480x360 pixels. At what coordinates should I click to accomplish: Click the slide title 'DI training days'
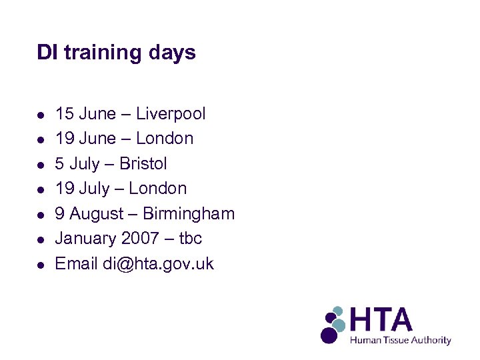point(116,53)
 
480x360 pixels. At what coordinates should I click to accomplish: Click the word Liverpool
point(171,114)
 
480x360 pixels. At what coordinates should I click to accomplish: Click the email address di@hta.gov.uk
point(159,264)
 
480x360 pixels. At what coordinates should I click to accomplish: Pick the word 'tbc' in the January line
point(191,239)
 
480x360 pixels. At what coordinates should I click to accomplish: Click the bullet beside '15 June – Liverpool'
point(41,115)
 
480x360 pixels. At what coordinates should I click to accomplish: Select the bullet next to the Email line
point(41,265)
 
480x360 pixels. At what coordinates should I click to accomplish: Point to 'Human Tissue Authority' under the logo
point(401,340)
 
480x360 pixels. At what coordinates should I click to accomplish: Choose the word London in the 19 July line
point(158,189)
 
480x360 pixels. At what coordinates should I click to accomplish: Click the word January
point(84,239)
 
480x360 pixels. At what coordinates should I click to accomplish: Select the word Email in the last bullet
point(76,264)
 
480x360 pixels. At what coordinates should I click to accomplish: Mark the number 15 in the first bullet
point(64,114)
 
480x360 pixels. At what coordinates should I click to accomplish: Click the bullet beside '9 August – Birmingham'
point(41,215)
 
